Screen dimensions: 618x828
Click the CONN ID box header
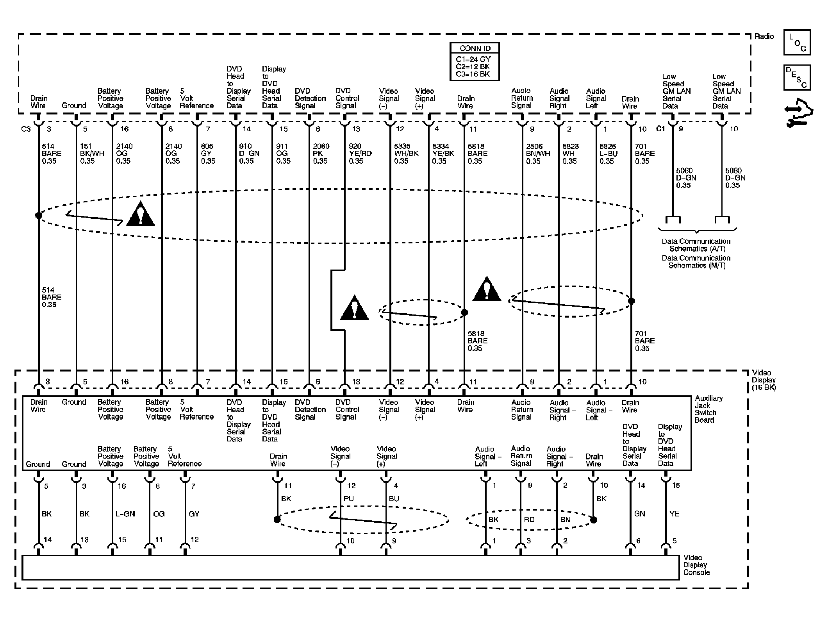click(475, 48)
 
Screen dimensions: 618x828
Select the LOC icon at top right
click(797, 42)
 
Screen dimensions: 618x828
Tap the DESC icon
click(797, 77)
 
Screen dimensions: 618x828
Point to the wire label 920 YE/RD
click(360, 154)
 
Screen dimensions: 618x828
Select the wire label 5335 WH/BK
click(406, 154)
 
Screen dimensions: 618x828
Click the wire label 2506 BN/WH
click(537, 154)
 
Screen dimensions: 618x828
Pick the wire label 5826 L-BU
click(608, 154)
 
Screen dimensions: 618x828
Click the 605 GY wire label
click(208, 154)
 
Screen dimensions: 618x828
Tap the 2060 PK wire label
click(321, 154)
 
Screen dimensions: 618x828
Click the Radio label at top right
click(764, 36)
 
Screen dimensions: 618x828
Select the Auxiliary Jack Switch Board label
click(708, 409)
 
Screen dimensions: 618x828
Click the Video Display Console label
click(696, 565)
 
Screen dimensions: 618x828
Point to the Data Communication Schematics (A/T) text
click(696, 245)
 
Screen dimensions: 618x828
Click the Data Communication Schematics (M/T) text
click(696, 262)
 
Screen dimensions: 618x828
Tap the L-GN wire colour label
click(125, 514)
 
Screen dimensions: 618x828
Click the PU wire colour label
click(348, 499)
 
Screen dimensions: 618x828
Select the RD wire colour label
click(529, 520)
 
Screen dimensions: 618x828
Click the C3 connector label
click(26, 129)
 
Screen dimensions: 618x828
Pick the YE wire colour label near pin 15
click(674, 514)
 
